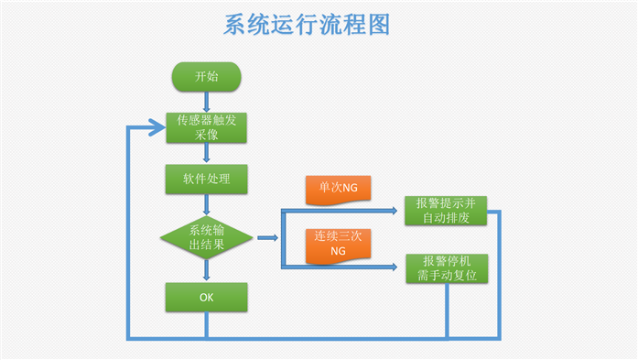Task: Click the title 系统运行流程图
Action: tap(307, 25)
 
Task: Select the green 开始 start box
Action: tap(206, 77)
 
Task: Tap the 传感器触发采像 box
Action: tap(206, 127)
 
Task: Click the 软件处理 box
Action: tap(206, 178)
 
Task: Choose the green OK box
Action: tap(206, 297)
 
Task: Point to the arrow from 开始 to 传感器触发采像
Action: tap(206, 102)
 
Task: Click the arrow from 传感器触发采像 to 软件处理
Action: tap(206, 154)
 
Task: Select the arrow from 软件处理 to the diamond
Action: tap(206, 202)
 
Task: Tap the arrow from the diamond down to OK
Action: tap(206, 272)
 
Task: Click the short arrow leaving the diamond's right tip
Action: tap(267, 237)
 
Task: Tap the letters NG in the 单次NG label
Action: tap(351, 188)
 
